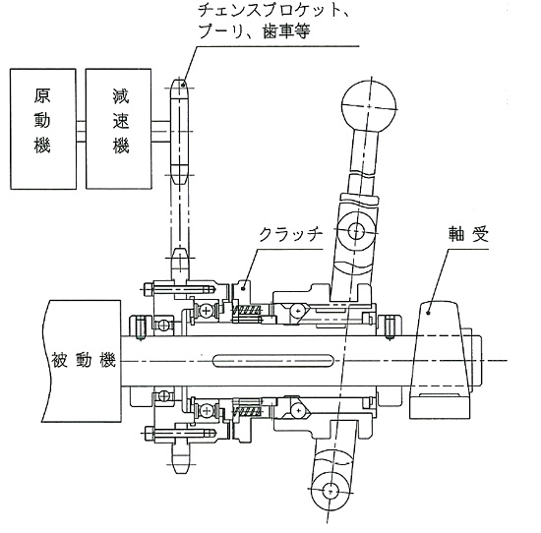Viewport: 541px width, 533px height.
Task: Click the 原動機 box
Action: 43,129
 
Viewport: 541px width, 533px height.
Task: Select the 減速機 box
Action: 118,129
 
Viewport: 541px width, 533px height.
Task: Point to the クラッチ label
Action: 290,235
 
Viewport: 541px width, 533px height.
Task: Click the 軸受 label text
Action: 468,235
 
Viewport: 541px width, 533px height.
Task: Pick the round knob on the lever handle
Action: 369,106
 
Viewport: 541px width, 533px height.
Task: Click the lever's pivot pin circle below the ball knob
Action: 356,230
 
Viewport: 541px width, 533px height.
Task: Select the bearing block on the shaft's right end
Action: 440,360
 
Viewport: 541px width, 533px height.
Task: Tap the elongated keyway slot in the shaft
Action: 272,361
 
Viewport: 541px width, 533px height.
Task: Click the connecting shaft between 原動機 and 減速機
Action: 81,131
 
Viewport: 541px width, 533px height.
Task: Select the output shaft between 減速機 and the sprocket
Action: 161,131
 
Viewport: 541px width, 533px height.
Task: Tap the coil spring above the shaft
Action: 247,310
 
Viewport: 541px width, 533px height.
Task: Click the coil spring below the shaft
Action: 247,411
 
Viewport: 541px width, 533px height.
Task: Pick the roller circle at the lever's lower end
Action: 331,490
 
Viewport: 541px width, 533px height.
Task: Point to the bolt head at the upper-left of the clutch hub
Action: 148,289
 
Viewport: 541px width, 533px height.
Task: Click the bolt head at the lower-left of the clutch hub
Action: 149,433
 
